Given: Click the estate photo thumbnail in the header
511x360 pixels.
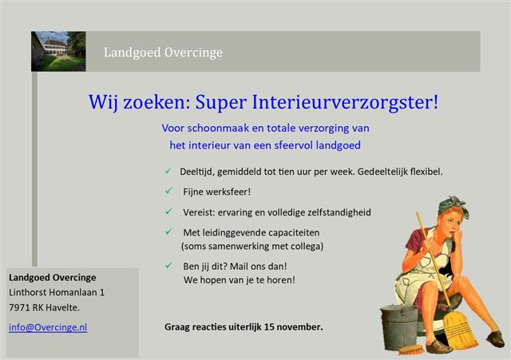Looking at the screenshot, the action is pyautogui.click(x=58, y=51).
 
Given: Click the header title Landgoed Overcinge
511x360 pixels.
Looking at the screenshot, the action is pyautogui.click(x=163, y=53).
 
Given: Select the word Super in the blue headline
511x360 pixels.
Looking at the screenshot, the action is pyautogui.click(x=220, y=103).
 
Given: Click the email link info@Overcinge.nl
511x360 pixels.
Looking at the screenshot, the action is pyautogui.click(x=48, y=327).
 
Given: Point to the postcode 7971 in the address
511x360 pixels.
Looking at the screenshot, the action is pyautogui.click(x=19, y=307).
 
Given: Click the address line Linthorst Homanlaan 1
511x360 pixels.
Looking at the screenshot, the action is pyautogui.click(x=57, y=292).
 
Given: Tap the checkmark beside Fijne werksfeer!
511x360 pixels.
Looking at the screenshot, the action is pyautogui.click(x=168, y=191).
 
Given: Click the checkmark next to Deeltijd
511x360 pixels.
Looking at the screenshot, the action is pyautogui.click(x=168, y=171).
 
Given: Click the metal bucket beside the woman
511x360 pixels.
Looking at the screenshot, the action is pyautogui.click(x=399, y=326).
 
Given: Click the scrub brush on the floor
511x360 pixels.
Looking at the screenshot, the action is pyautogui.click(x=411, y=350).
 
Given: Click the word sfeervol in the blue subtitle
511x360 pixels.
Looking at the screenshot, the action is pyautogui.click(x=294, y=145).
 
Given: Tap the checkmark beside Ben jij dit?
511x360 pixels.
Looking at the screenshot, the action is pyautogui.click(x=168, y=266).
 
